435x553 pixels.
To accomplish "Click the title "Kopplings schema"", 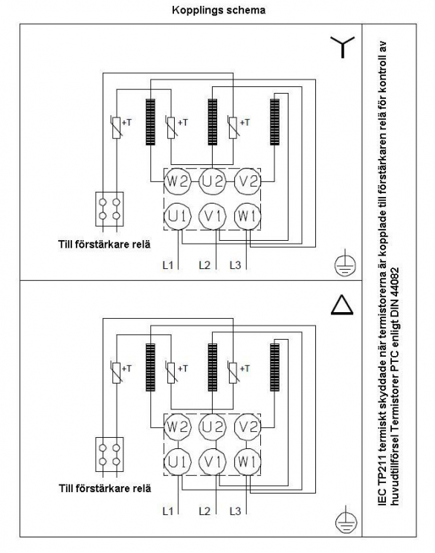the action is tap(219, 10).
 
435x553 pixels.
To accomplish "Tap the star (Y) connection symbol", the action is tap(342, 47).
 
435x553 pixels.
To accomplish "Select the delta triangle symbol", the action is tap(342, 305).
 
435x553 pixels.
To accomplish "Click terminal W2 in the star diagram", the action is tap(178, 181).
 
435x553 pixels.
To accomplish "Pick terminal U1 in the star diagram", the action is tap(178, 216).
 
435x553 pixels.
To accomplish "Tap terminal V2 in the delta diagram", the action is tap(248, 427).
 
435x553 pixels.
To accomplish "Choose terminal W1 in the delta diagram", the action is tap(248, 462).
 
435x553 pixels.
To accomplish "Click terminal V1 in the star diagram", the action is tap(213, 216).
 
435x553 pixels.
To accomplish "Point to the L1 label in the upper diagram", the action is tap(168, 265).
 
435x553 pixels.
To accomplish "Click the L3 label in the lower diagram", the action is tap(235, 511).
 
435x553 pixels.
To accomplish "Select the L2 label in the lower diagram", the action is tap(204, 511).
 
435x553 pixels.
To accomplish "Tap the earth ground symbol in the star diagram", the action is tap(345, 264).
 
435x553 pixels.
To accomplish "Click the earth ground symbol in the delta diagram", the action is tap(346, 520).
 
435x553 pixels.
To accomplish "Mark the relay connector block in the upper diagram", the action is tap(109, 209).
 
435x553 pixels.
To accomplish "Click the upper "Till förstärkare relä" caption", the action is tap(104, 245).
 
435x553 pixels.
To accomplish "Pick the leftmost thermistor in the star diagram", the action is tap(116, 127).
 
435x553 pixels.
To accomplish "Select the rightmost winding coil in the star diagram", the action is tap(275, 122).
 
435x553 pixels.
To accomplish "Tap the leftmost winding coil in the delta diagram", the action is tap(150, 367).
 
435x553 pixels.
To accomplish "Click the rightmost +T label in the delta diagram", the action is tap(245, 369).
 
